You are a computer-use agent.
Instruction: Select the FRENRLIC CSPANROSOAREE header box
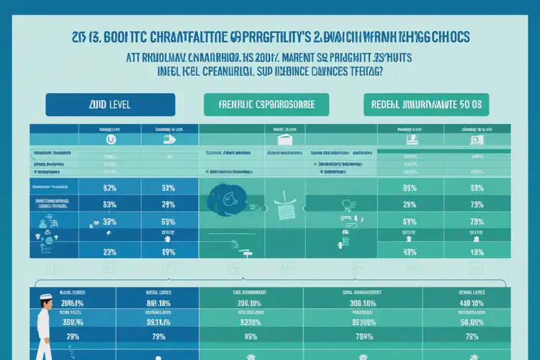point(266,104)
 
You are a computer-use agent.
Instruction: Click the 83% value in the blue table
point(109,204)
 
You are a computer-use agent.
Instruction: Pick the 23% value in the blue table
point(109,252)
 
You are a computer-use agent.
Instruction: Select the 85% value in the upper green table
point(410,188)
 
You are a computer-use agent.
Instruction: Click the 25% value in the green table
point(410,222)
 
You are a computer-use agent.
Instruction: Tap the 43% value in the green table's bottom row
point(410,252)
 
